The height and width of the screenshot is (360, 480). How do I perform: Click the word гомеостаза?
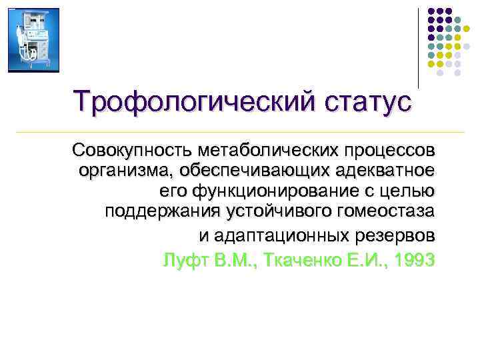pos(389,213)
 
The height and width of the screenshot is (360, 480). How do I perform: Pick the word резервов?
pos(396,236)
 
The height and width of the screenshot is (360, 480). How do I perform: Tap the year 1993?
pos(413,259)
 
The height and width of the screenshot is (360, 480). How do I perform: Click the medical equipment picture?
pos(33,40)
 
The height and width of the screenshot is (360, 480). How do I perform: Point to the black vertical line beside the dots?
pos(418,47)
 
